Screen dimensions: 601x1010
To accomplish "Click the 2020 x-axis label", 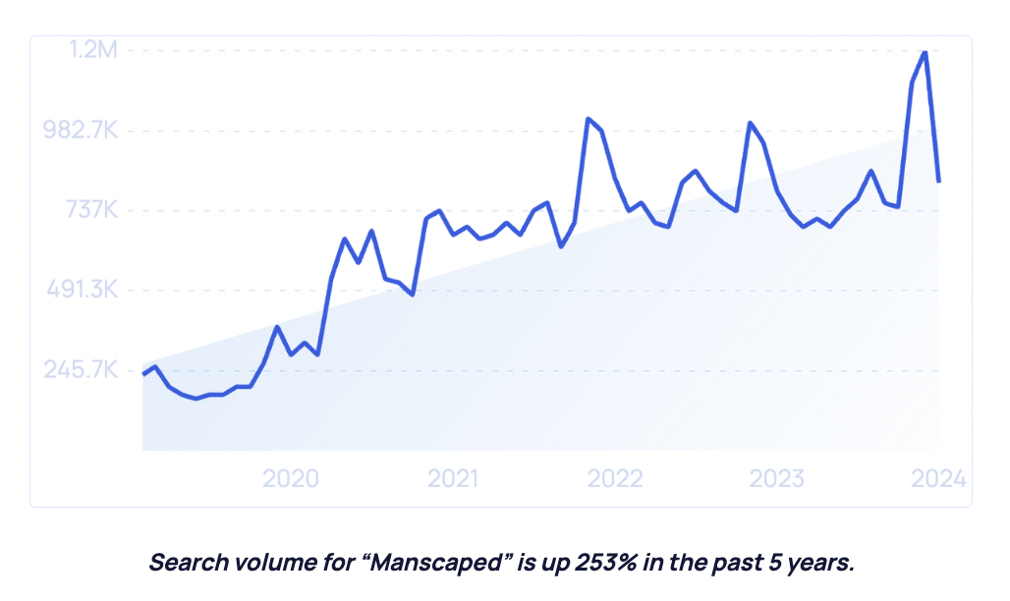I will (291, 478).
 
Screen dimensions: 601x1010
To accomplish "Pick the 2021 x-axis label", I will (453, 478).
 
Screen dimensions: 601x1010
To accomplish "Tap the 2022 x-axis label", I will (615, 478).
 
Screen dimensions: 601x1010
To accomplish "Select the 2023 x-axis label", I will (776, 478).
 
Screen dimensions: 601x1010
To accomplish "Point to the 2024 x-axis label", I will (938, 478).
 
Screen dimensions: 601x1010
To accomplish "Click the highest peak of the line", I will (925, 51).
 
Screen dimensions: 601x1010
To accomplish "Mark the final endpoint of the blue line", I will (939, 181).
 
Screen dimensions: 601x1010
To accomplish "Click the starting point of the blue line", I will (143, 374).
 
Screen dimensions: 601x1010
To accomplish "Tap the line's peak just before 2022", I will (588, 119).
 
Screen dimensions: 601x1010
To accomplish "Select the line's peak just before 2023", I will (750, 123).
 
